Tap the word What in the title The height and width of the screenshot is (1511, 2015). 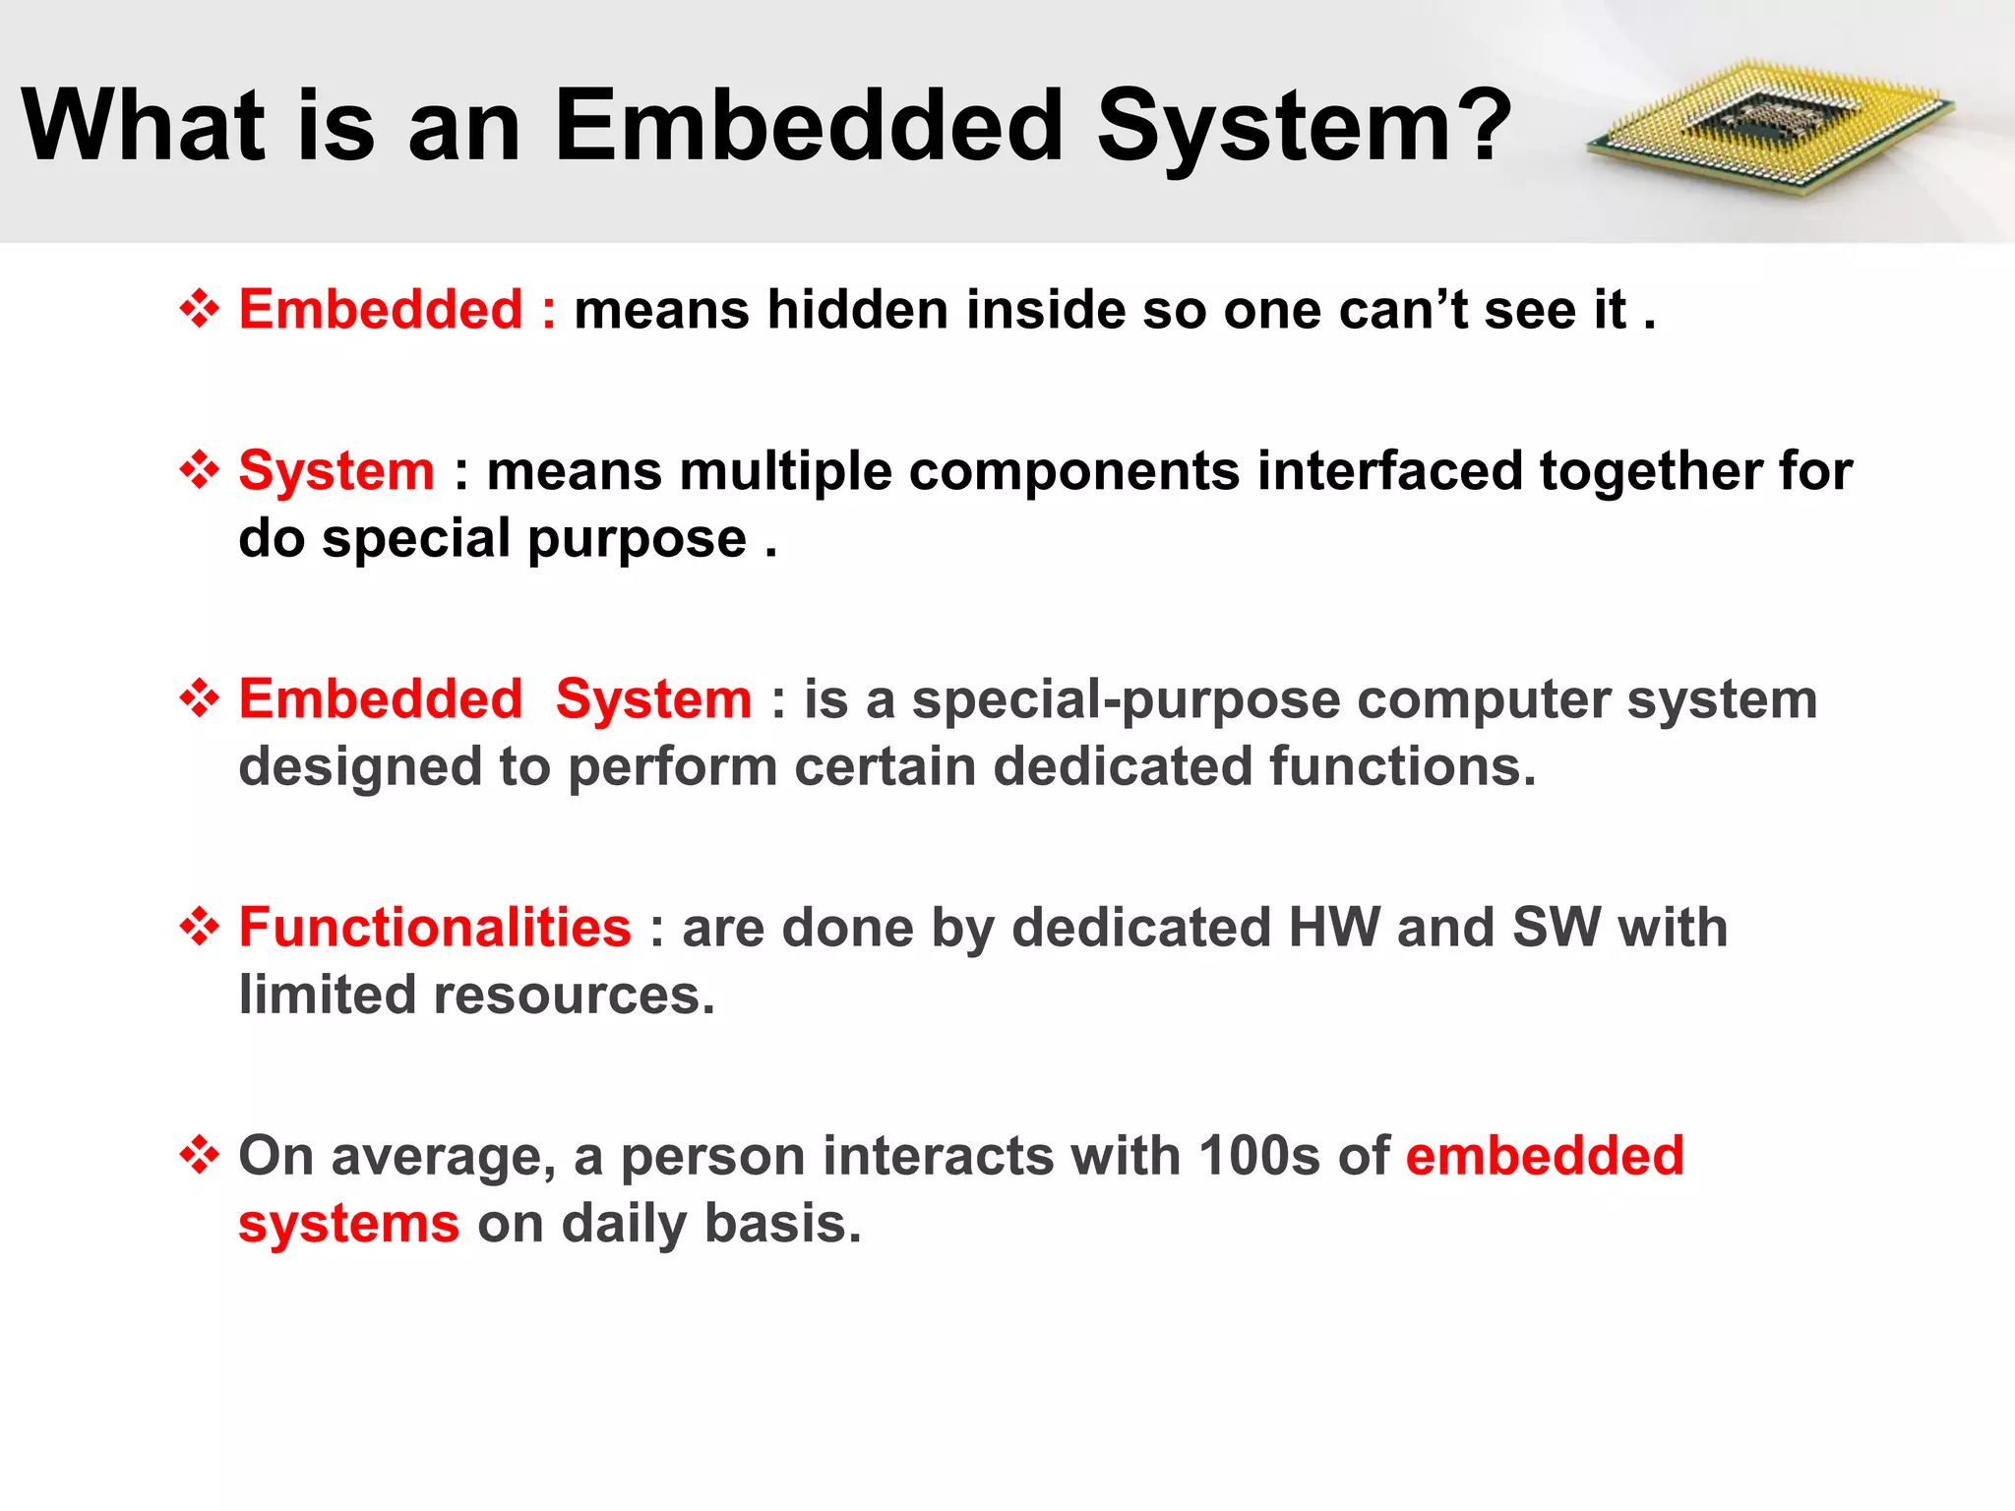[144, 126]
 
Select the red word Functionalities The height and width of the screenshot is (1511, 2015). [435, 928]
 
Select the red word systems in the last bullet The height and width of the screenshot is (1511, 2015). [348, 1225]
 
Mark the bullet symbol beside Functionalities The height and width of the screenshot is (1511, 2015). [200, 928]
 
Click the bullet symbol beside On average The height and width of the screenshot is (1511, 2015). [200, 1155]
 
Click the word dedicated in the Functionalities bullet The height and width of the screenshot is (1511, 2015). [1141, 928]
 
